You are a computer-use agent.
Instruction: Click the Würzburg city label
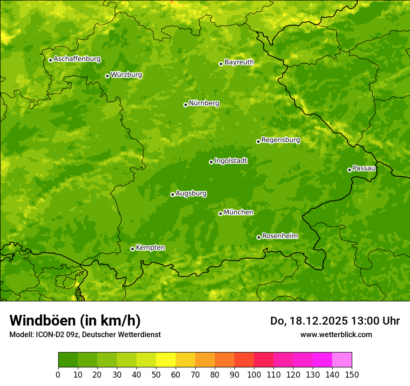tap(126, 74)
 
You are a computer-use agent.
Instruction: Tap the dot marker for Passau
tap(349, 170)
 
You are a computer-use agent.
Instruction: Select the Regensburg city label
tap(280, 140)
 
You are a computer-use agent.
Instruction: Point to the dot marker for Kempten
tap(132, 249)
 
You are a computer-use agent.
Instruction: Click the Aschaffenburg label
tap(77, 59)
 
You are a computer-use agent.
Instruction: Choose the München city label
tap(239, 213)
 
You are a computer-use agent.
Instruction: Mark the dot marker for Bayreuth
tap(221, 64)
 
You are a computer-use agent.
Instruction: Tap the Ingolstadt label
tap(231, 161)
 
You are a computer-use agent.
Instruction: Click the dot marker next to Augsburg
tap(172, 194)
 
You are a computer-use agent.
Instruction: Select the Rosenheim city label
tap(280, 236)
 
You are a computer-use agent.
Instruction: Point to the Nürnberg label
tap(204, 103)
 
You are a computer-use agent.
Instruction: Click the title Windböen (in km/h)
tap(75, 320)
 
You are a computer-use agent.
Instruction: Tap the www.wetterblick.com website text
tap(336, 334)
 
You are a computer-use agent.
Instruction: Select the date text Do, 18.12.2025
tap(309, 321)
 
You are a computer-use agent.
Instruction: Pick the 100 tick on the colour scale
tap(254, 374)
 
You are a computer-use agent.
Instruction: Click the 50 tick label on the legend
tap(156, 374)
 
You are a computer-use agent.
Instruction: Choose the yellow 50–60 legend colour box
tap(166, 359)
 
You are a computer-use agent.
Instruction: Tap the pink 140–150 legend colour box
tap(342, 359)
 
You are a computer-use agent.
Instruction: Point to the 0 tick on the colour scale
tap(58, 374)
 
